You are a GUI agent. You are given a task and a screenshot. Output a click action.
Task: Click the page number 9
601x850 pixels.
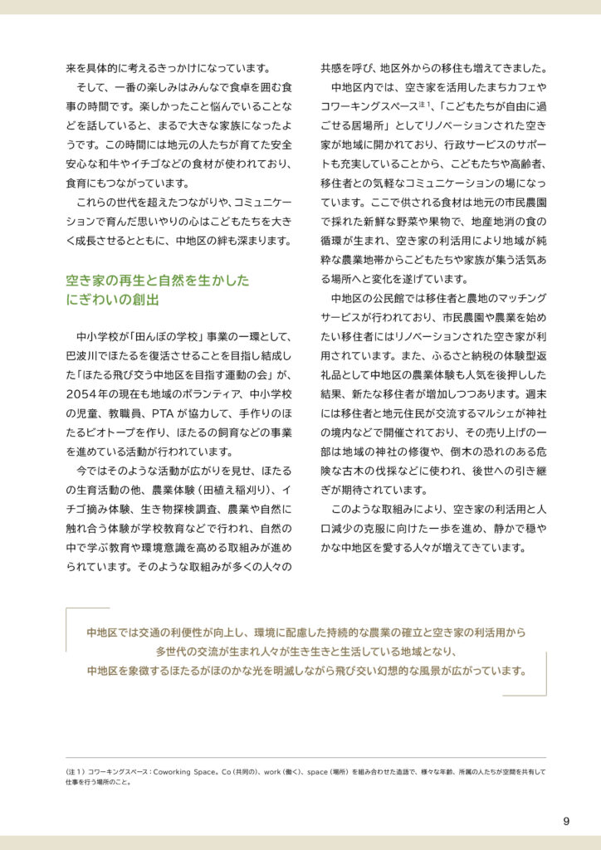(x=566, y=822)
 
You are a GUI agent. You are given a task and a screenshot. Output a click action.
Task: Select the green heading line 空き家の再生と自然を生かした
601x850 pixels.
(x=157, y=281)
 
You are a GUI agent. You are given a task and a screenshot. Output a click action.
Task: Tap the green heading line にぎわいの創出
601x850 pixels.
(x=112, y=300)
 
